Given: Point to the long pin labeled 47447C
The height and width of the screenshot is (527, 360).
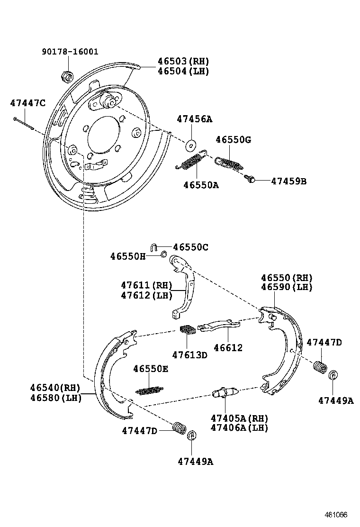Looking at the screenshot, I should pyautogui.click(x=23, y=123).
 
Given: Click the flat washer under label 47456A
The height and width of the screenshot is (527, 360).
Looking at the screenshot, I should pyautogui.click(x=191, y=144).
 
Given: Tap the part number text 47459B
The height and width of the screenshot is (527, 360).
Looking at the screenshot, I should pyautogui.click(x=289, y=181).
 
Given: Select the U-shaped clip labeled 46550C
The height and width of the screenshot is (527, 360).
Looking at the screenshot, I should pyautogui.click(x=154, y=246).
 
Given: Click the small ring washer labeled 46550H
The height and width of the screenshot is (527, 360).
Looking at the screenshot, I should pyautogui.click(x=163, y=255).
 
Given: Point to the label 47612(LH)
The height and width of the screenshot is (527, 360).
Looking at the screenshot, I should pyautogui.click(x=146, y=295).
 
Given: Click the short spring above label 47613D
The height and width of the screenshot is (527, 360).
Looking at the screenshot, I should pyautogui.click(x=188, y=330).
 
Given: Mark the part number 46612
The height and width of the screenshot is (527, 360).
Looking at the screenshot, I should pyautogui.click(x=228, y=348).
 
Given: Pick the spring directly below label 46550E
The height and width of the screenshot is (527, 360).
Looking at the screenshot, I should pyautogui.click(x=150, y=390).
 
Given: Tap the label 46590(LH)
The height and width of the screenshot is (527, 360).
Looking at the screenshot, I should pyautogui.click(x=287, y=287).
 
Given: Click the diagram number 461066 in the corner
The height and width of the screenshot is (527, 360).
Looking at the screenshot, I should pyautogui.click(x=336, y=515).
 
